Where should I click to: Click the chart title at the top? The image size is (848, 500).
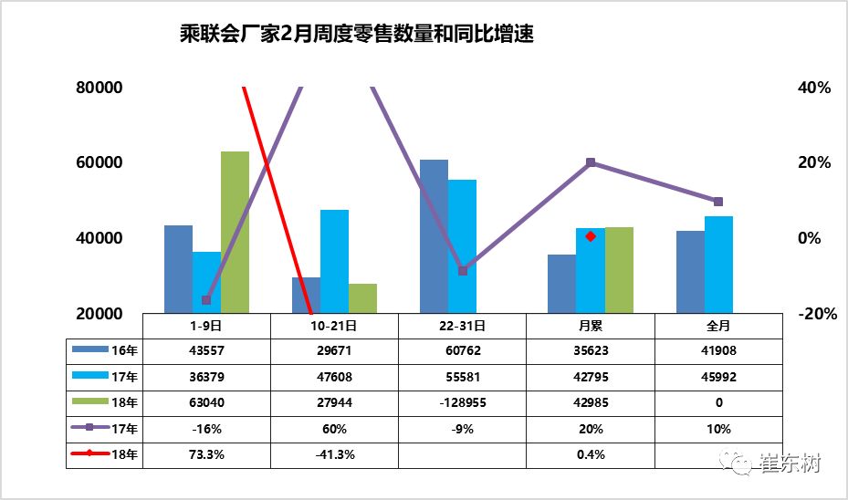pyautogui.click(x=356, y=36)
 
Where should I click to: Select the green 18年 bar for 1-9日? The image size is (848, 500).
pyautogui.click(x=235, y=232)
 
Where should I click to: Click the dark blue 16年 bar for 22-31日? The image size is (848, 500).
pyautogui.click(x=434, y=236)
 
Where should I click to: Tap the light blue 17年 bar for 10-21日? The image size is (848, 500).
pyautogui.click(x=334, y=261)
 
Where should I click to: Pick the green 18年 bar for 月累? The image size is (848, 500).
pyautogui.click(x=619, y=270)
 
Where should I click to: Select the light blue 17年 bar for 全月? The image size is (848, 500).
pyautogui.click(x=718, y=265)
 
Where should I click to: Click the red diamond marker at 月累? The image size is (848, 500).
pyautogui.click(x=591, y=236)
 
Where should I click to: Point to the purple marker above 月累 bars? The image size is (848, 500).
pyautogui.click(x=591, y=162)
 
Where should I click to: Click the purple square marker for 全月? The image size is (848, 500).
pyautogui.click(x=718, y=202)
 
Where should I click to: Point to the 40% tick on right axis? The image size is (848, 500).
pyautogui.click(x=814, y=89)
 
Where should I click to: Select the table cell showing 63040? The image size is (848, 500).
pyautogui.click(x=206, y=402)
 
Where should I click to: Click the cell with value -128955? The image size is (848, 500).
pyautogui.click(x=462, y=402)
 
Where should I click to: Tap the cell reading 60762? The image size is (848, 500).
pyautogui.click(x=462, y=350)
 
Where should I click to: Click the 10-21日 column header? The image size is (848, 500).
pyautogui.click(x=334, y=324)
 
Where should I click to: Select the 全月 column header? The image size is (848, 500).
pyautogui.click(x=718, y=324)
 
